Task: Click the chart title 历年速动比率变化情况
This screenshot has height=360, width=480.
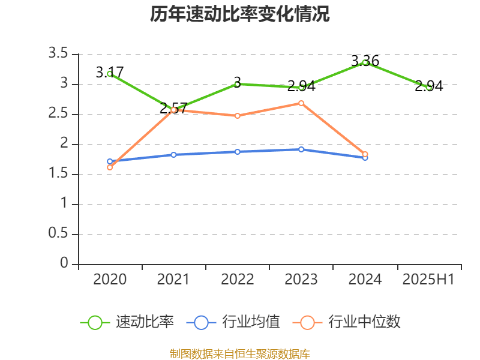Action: [239, 14]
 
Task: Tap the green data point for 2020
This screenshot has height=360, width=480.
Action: [110, 73]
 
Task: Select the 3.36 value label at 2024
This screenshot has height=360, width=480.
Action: [365, 61]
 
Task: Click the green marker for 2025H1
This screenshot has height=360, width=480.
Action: [428, 88]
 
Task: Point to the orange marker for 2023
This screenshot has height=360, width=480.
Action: [301, 103]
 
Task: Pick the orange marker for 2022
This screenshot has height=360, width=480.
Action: [238, 116]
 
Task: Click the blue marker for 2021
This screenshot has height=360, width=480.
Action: [173, 155]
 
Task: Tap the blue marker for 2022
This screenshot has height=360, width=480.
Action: [238, 152]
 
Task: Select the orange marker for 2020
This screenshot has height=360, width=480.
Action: [110, 167]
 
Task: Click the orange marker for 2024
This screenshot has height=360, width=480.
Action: [365, 154]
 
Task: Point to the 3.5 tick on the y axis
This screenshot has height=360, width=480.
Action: [59, 54]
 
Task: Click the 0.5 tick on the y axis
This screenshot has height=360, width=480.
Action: [59, 234]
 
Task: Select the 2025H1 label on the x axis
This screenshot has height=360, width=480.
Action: [428, 280]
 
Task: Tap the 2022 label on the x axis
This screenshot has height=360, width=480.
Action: [238, 280]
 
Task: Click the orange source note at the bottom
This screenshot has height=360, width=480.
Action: [239, 353]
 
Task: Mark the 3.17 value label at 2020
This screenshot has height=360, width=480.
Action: [110, 73]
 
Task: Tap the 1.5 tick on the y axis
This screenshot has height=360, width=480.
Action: [59, 174]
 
